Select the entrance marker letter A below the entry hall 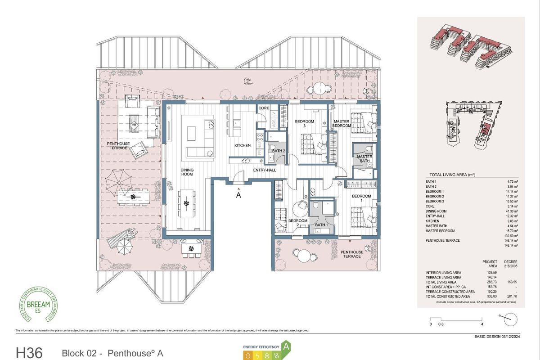238,195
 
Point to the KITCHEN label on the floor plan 242,146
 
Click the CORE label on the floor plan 264,108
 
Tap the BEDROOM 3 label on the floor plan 304,124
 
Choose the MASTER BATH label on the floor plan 364,158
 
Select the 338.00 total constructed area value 490,297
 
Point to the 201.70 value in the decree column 511,297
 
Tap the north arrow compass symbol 508,319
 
